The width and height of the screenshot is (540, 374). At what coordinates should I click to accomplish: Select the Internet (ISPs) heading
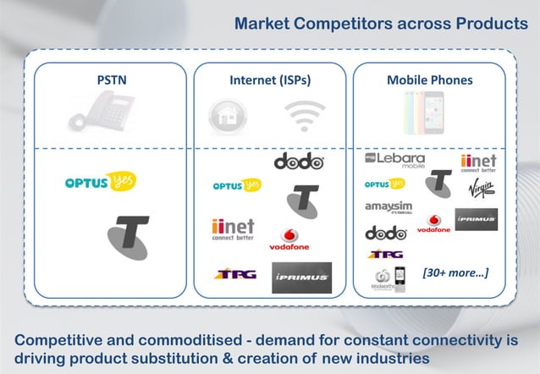268,80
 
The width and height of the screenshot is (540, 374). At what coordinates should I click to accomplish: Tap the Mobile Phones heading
429,80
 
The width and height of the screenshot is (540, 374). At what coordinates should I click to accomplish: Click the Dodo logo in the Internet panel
298,161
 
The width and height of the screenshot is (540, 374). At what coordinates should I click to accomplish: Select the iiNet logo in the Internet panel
233,229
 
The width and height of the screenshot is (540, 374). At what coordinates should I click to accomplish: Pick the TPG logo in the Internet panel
234,273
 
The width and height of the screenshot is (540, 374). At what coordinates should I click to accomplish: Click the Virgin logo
479,190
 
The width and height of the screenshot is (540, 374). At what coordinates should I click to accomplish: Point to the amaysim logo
388,207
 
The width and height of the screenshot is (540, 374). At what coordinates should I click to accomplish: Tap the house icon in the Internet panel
224,116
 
